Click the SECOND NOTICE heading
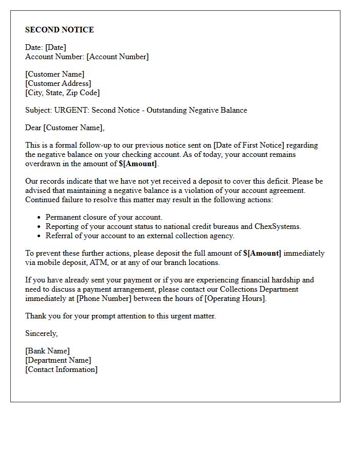(60, 30)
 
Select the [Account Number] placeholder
(117, 57)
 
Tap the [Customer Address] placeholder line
(58, 83)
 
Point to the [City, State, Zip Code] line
(62, 93)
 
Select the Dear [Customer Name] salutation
(65, 128)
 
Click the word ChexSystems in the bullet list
(278, 226)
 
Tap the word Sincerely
(42, 333)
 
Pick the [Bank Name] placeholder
(47, 351)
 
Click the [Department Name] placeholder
(58, 360)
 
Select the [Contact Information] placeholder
(61, 369)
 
